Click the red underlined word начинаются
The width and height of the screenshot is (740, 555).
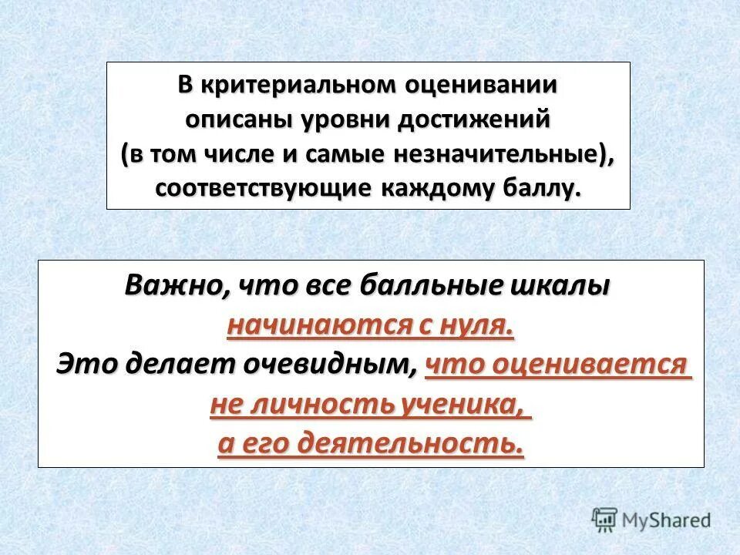click(x=318, y=325)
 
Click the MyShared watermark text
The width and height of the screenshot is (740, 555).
click(x=666, y=520)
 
